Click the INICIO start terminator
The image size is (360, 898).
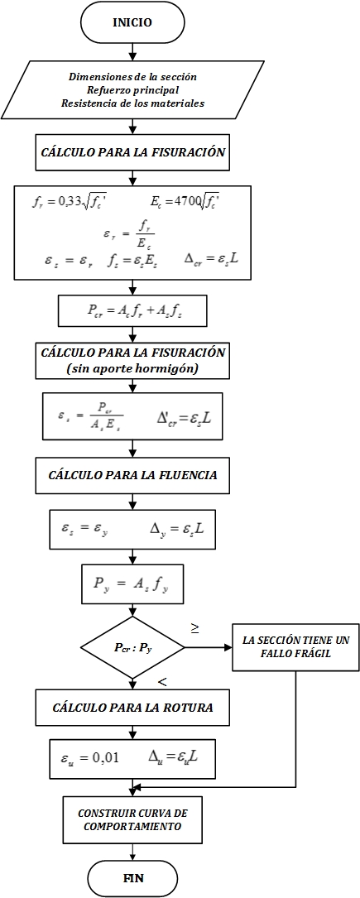coord(132,23)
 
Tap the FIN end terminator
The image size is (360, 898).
coord(132,877)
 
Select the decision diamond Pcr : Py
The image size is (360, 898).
coord(132,648)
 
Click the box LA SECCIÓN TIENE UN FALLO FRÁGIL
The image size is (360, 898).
coord(296,648)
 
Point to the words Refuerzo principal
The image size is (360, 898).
coord(132,90)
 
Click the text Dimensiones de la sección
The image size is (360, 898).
coord(132,76)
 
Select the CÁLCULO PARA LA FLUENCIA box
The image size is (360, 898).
coord(132,475)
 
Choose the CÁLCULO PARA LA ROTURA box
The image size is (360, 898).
coord(132,708)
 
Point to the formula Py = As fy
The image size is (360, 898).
coord(132,583)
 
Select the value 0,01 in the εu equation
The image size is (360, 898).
coord(107,757)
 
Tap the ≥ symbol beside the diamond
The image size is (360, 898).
coord(195,629)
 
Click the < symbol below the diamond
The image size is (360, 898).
coord(162,682)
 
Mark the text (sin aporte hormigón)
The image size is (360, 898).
coord(132,369)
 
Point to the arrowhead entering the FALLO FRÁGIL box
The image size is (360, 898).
coord(229,648)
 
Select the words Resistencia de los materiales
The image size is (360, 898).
coord(132,103)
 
